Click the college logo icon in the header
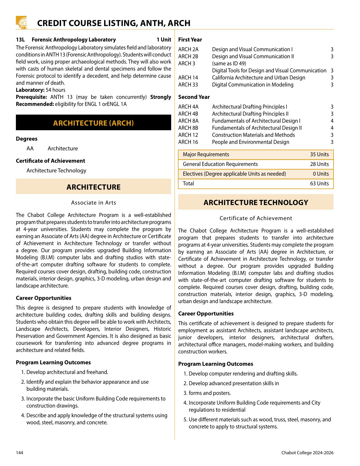click(x=21, y=23)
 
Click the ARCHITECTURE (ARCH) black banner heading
click(x=94, y=123)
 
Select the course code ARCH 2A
click(x=188, y=49)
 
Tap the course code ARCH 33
click(x=188, y=85)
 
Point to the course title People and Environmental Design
click(x=251, y=142)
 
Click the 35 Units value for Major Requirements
click(x=319, y=154)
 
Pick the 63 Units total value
click(x=319, y=184)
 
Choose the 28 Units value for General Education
click(x=319, y=164)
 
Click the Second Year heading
click(x=194, y=97)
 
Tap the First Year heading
click(x=190, y=40)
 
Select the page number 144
click(x=19, y=453)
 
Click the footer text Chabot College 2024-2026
click(x=307, y=453)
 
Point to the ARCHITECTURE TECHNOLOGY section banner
click(x=256, y=202)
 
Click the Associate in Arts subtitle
click(x=94, y=203)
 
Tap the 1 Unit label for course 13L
click(x=164, y=40)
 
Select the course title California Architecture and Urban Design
click(x=259, y=78)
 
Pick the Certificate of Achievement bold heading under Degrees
click(x=50, y=161)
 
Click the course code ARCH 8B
click(x=188, y=128)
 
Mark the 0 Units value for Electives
click(x=321, y=174)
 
